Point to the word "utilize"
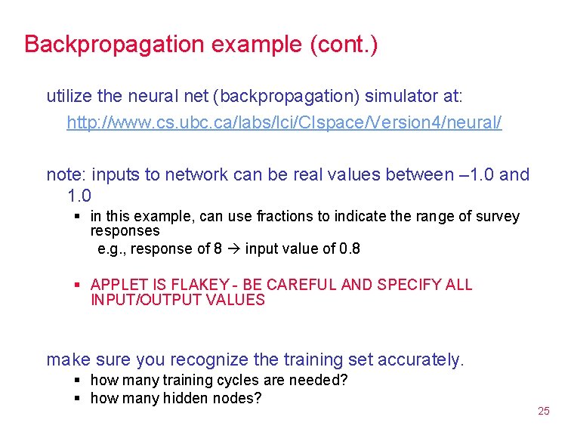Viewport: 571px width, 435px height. (x=69, y=96)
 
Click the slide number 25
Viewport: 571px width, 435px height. (x=543, y=411)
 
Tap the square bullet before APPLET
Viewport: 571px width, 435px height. (x=77, y=285)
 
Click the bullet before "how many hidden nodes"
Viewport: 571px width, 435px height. (x=77, y=398)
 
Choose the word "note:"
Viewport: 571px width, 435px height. (x=65, y=174)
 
